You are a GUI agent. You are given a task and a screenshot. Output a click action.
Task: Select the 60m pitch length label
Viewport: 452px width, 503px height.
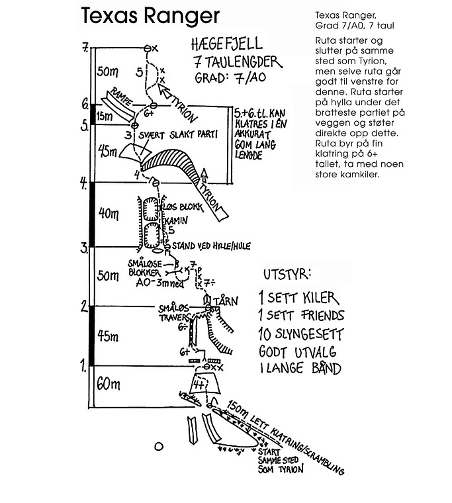tap(109, 383)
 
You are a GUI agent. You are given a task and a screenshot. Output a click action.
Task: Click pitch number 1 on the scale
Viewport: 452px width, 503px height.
tap(83, 363)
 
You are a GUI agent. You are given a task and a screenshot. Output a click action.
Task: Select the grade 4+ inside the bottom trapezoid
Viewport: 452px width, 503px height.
tap(201, 384)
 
